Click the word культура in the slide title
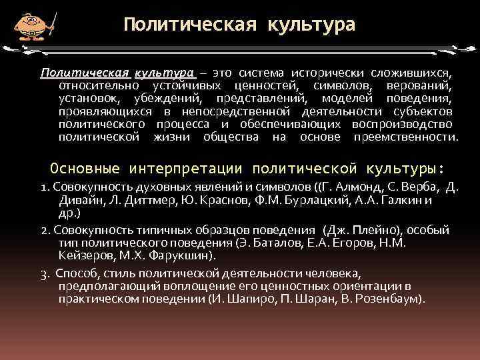pos(311,25)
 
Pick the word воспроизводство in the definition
pos(407,124)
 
